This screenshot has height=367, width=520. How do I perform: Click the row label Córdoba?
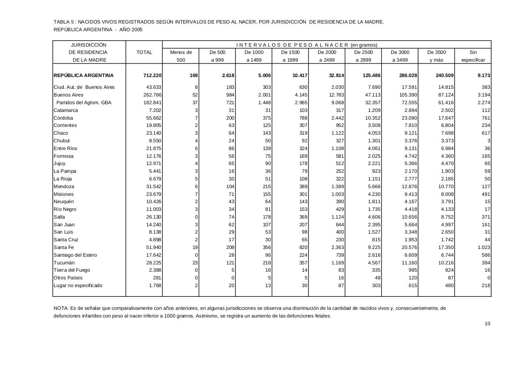pos(63,118)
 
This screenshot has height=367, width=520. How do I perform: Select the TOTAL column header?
pos(144,52)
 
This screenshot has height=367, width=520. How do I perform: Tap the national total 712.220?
pos(152,75)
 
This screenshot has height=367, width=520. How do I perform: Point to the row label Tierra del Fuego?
pos(72,270)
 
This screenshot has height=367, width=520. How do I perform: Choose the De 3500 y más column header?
pos(436,56)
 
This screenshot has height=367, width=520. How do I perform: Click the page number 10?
pos(487,324)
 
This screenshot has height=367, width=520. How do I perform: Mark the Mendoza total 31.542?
pos(154,187)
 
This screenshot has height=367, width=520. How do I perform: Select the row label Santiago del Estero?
pos(75,255)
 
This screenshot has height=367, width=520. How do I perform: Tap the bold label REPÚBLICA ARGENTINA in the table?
pos(84,75)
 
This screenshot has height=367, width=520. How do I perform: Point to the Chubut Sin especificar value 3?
pos(489,141)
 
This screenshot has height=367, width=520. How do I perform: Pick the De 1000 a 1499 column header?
pos(254,56)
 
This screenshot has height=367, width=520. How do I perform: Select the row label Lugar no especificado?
pos(78,285)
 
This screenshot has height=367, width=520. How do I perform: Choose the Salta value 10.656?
pos(409,217)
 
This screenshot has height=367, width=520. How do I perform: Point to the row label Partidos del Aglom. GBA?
pos(84,103)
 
